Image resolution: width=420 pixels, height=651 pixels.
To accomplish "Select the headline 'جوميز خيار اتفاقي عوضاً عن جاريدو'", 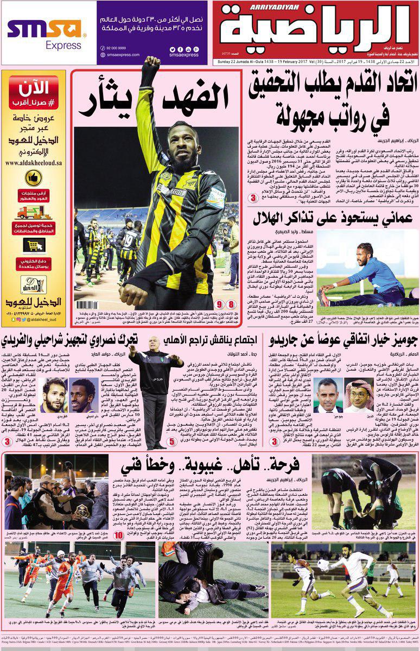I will tap(342, 341).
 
